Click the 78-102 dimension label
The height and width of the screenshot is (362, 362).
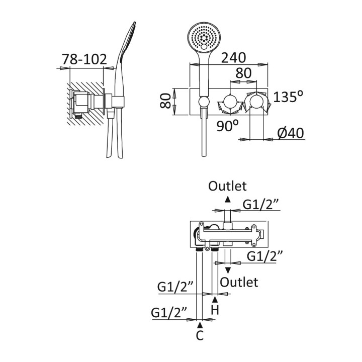pyautogui.click(x=84, y=59)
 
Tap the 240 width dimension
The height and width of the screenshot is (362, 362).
pyautogui.click(x=236, y=57)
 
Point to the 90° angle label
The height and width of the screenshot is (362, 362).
pyautogui.click(x=228, y=125)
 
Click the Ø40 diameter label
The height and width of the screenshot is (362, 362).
pyautogui.click(x=291, y=133)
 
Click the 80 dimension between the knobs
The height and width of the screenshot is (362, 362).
pyautogui.click(x=243, y=73)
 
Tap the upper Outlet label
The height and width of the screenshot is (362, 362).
pyautogui.click(x=228, y=186)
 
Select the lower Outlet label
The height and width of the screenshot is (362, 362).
pyautogui.click(x=239, y=282)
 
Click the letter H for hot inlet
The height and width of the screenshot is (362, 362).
pyautogui.click(x=215, y=310)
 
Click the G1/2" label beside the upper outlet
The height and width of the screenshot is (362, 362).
pyautogui.click(x=260, y=205)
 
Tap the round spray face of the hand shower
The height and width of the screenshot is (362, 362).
pyautogui.click(x=204, y=37)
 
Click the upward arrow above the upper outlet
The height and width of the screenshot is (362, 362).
pyautogui.click(x=228, y=199)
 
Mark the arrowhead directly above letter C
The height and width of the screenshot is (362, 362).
pyautogui.click(x=200, y=325)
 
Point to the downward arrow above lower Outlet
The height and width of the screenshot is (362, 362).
pyautogui.click(x=228, y=270)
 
